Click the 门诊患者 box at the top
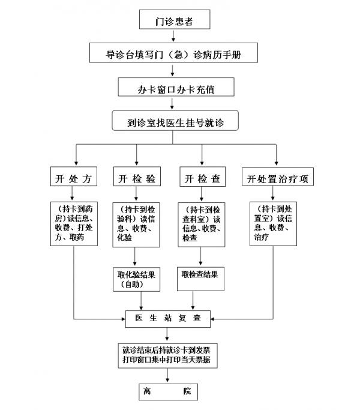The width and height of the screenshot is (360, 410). (x=175, y=21)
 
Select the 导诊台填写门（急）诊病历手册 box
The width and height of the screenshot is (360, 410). (x=175, y=54)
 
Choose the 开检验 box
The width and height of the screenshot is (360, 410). (x=136, y=179)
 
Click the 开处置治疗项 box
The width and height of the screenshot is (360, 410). (x=277, y=179)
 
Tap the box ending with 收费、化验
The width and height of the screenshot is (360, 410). (x=136, y=224)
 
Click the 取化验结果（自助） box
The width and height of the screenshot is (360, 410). (x=136, y=279)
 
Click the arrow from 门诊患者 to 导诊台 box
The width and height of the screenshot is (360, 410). (x=175, y=37)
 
